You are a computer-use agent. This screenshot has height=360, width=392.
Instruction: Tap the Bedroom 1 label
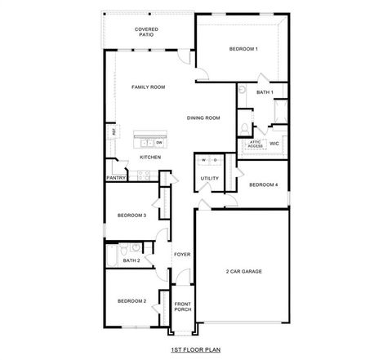click(x=243, y=49)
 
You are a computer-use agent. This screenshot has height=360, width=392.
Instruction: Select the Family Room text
click(x=149, y=86)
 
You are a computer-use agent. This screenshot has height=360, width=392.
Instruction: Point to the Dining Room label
click(x=203, y=118)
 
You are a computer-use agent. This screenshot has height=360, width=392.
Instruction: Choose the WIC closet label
click(x=274, y=143)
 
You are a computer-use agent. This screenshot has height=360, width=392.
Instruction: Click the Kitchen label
click(x=149, y=157)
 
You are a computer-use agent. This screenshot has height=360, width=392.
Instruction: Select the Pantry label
click(x=115, y=177)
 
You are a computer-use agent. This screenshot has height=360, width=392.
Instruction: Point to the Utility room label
click(x=208, y=178)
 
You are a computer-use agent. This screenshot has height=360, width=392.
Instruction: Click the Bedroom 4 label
click(x=263, y=185)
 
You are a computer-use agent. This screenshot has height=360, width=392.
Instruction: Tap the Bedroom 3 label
click(x=131, y=216)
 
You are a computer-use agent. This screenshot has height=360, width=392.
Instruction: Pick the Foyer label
click(x=182, y=254)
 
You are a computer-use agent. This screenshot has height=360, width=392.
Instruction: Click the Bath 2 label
click(x=131, y=260)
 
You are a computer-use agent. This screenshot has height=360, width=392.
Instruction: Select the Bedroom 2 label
click(x=131, y=301)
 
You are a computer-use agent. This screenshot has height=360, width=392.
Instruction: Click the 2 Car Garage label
click(x=243, y=271)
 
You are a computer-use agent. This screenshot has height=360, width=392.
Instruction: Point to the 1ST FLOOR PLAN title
click(x=194, y=349)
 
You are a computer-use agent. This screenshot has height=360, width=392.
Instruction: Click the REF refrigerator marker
click(x=112, y=131)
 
